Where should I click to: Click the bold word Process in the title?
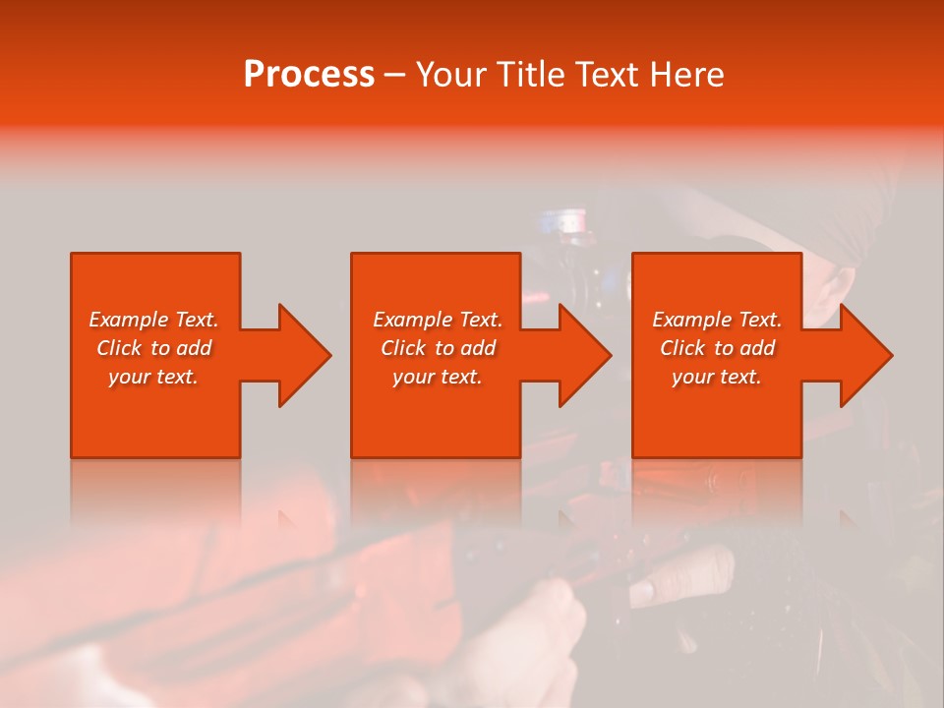point(309,75)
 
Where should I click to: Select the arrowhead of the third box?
point(864,355)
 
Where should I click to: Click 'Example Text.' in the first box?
point(154,320)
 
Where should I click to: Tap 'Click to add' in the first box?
point(154,348)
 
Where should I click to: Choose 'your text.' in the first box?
point(154,377)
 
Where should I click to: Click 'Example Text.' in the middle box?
point(438,320)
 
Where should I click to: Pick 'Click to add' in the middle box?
point(438,348)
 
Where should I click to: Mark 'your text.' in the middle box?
point(438,377)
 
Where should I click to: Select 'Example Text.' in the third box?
point(717,320)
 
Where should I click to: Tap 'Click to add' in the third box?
point(717,348)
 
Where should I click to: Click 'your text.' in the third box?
point(717,377)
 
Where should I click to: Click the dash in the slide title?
point(394,76)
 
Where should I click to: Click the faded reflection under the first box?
point(155,492)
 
